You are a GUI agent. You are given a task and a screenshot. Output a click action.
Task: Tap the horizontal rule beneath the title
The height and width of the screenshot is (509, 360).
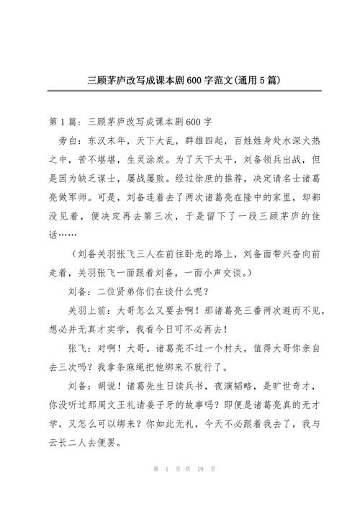click(x=180, y=93)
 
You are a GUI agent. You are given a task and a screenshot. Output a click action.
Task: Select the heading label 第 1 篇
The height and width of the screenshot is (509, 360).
click(x=64, y=118)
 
